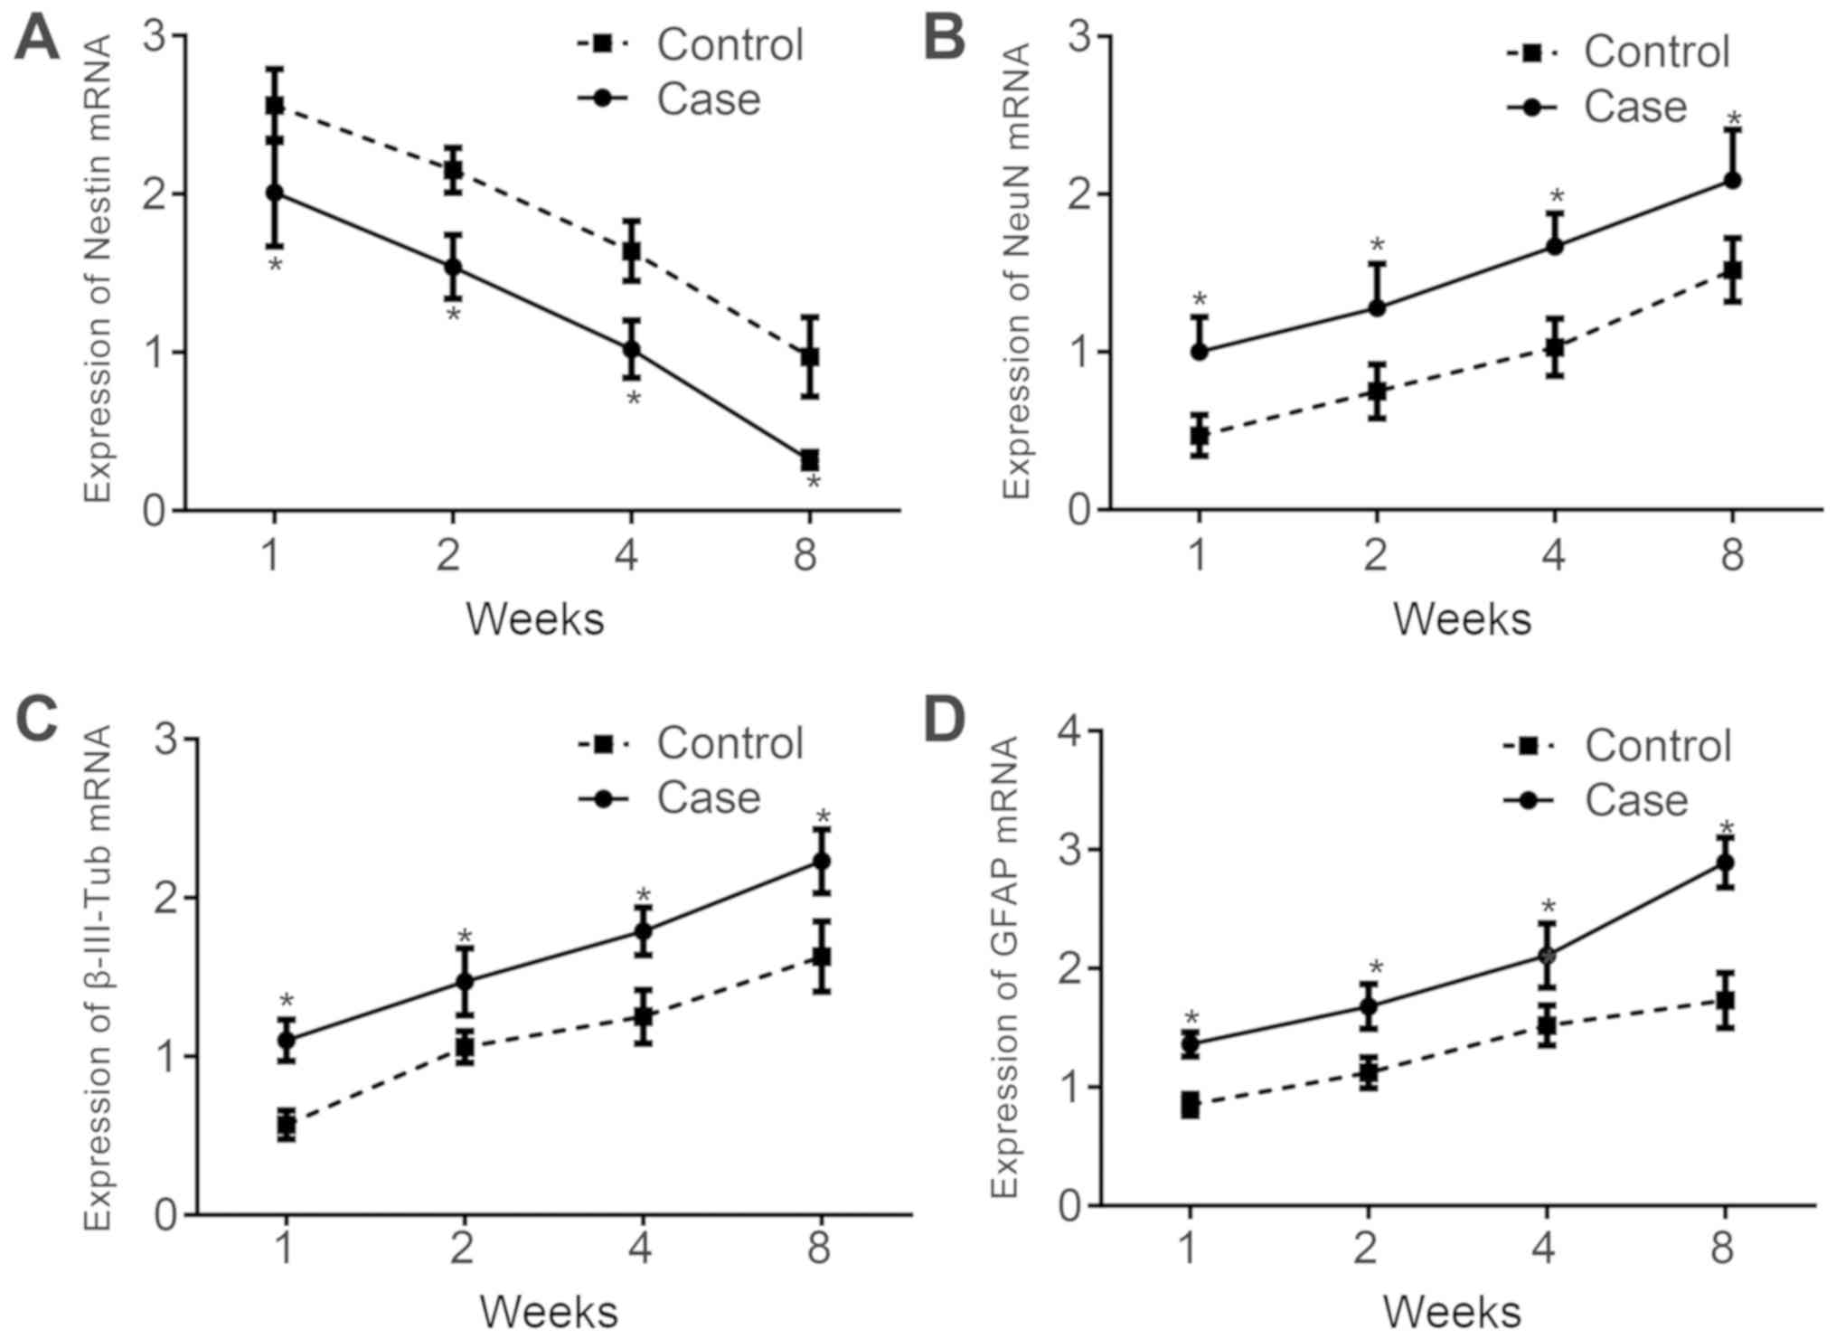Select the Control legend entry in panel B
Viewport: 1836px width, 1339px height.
1656,52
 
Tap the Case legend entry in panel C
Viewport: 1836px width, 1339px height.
708,798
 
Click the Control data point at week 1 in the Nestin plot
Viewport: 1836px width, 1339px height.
275,106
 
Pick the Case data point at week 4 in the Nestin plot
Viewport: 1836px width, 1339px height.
632,349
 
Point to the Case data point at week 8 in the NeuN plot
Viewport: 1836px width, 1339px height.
1732,180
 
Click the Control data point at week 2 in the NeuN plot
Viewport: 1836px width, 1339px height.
1377,391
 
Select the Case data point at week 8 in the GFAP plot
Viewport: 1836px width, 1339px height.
1726,862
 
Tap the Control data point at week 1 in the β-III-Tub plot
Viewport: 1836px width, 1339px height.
287,1126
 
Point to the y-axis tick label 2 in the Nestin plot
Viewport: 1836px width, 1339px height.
155,194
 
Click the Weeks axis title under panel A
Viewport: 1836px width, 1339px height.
535,620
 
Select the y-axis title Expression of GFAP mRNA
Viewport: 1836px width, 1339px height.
1005,967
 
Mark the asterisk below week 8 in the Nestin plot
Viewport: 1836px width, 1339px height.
813,485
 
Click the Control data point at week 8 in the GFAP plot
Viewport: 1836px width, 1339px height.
1726,1000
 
